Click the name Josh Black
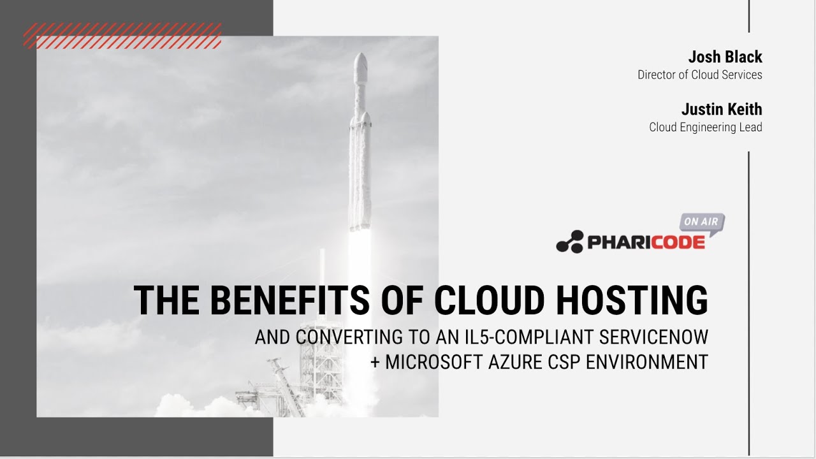pos(725,57)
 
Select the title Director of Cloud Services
pos(699,75)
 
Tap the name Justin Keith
pos(722,110)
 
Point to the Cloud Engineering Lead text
pos(705,127)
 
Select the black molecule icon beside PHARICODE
pos(569,242)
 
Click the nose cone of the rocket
pos(360,63)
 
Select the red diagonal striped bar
pos(122,36)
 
